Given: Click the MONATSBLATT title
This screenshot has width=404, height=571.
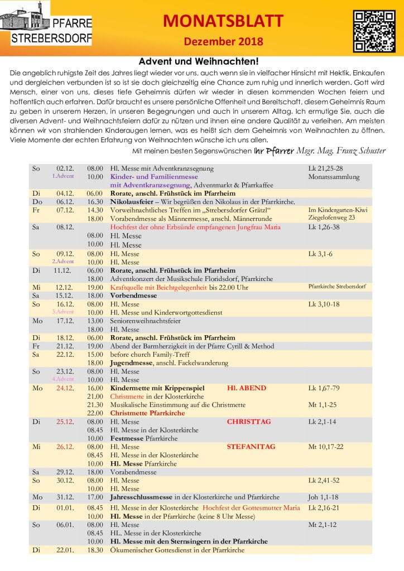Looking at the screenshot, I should pos(223,21).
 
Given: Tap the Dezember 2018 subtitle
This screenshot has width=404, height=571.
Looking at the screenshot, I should pos(223,41).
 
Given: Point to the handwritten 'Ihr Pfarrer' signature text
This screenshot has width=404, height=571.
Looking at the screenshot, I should pos(271,151).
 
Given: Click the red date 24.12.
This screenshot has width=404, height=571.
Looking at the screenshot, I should pos(65,388).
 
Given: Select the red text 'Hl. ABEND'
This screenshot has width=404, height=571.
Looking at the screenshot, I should pos(247,388).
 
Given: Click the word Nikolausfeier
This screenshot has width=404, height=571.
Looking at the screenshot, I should pos(133,201).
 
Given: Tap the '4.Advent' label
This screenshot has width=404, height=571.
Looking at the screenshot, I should pos(63,379).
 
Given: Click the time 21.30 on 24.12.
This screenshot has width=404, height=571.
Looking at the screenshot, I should pos(95,404).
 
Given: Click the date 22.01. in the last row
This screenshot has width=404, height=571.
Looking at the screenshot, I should pos(65,550).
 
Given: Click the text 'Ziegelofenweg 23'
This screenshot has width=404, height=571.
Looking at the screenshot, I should pos(331,218).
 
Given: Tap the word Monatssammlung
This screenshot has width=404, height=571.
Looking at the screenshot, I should pos(334,177).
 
